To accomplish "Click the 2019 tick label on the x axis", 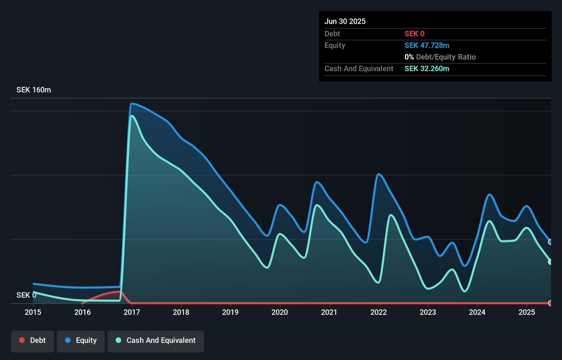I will [x=230, y=312].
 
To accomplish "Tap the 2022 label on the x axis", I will [x=379, y=312].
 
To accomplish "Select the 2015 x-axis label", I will [x=33, y=312].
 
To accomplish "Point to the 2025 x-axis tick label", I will [x=526, y=312].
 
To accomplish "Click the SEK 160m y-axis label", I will [x=34, y=90].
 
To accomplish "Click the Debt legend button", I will [x=33, y=340].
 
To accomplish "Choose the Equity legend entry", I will [x=81, y=340].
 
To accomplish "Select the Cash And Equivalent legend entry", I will [x=156, y=340].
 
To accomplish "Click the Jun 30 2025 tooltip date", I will [x=345, y=21].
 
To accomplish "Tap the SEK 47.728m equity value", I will [x=427, y=45].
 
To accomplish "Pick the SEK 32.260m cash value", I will [x=427, y=68].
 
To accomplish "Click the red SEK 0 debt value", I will [x=414, y=34].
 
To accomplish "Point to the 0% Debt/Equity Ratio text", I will [x=440, y=57].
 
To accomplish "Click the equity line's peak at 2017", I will [x=132, y=103].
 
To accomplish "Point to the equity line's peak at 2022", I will [x=379, y=174].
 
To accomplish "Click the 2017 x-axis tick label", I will [x=132, y=312].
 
